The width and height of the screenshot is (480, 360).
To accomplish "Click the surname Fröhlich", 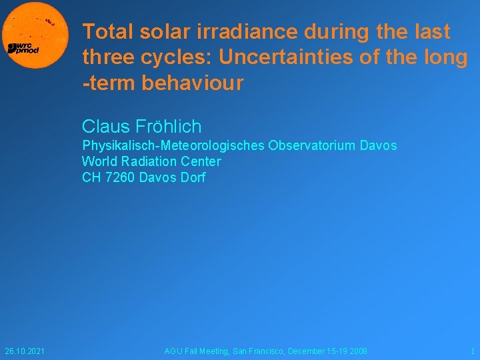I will pos(167,126).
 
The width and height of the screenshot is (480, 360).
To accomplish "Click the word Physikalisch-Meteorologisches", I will pos(173,145).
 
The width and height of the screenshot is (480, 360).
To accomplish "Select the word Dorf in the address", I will pos(193,177).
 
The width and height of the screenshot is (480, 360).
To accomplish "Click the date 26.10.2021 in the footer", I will pos(25,351).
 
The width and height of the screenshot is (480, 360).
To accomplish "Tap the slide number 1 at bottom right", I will pos(473,351).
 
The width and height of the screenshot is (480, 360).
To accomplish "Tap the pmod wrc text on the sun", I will pos(23,48).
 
